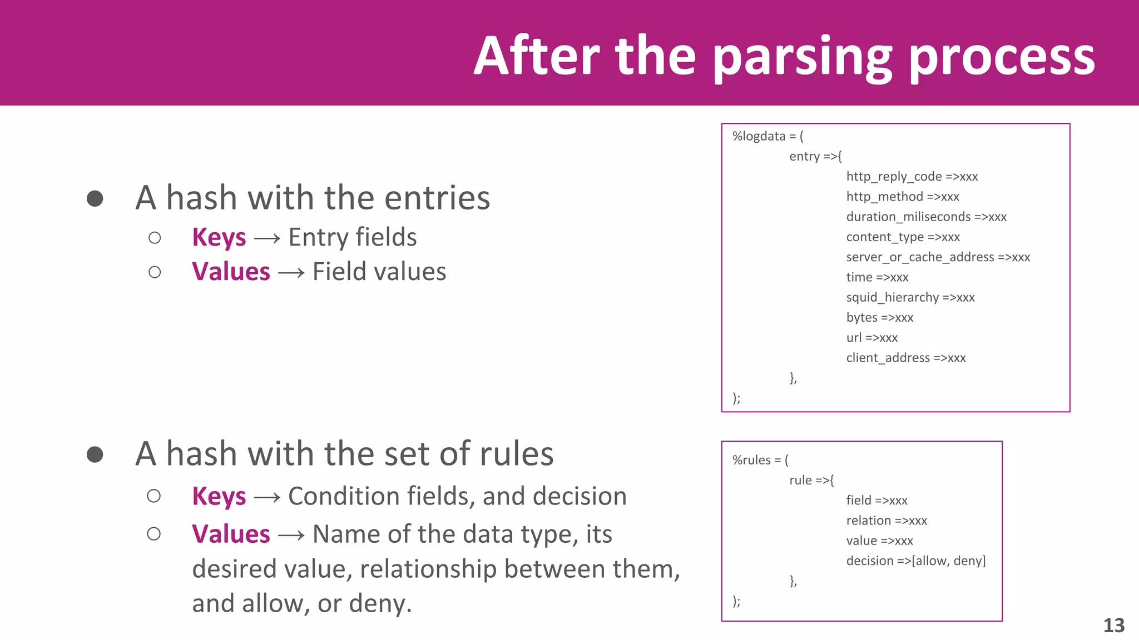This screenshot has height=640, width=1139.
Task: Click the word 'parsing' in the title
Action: [802, 57]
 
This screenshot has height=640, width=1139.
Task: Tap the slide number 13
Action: [1113, 626]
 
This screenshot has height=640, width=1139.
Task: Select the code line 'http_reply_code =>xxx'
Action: [912, 177]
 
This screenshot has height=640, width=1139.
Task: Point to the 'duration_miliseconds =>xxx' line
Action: [926, 217]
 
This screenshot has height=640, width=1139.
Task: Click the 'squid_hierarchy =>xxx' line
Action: [910, 297]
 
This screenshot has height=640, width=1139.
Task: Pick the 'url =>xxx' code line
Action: [871, 338]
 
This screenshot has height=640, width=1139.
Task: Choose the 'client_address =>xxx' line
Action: [906, 358]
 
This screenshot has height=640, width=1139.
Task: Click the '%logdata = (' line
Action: [767, 136]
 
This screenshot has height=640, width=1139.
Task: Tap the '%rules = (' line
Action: [760, 460]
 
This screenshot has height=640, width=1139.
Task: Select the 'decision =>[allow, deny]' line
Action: [915, 561]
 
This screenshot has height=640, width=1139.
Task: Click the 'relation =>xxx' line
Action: [887, 521]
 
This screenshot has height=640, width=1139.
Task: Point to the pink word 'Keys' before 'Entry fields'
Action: [219, 238]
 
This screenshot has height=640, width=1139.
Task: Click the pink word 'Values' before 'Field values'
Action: [231, 272]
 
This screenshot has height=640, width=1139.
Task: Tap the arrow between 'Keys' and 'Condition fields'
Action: [267, 497]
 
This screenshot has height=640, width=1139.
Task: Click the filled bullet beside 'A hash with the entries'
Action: [95, 198]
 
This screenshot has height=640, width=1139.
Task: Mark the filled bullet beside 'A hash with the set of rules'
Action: [95, 454]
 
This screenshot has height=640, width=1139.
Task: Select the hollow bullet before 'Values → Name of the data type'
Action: [154, 534]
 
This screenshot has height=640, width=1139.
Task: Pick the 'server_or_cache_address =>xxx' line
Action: [938, 257]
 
